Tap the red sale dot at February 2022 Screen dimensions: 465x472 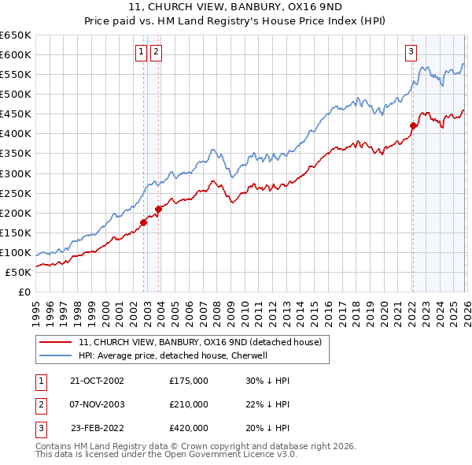(x=413, y=125)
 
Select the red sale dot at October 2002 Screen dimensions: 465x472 (x=144, y=222)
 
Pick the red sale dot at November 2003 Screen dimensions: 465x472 (x=159, y=209)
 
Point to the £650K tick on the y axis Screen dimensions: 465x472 (x=16, y=35)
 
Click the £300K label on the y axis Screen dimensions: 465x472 (x=16, y=173)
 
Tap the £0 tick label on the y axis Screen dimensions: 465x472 (x=24, y=292)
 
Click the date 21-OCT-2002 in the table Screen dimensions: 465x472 (x=98, y=381)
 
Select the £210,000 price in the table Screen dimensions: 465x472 (x=189, y=404)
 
